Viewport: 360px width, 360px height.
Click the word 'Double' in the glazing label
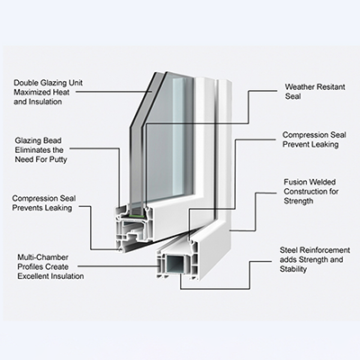(25, 83)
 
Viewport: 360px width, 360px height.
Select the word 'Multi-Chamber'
(43, 257)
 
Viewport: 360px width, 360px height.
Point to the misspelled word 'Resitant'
(329, 87)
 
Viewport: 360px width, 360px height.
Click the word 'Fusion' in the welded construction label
(296, 182)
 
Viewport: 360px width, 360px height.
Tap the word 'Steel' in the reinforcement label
(289, 250)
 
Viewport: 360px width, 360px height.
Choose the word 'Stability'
(293, 269)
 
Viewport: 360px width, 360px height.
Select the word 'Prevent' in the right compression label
(295, 145)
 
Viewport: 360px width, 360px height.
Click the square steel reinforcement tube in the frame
(175, 265)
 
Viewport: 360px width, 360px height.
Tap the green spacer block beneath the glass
(139, 215)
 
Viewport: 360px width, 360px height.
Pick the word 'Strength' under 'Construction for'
(299, 202)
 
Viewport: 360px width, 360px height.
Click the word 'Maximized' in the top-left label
(32, 92)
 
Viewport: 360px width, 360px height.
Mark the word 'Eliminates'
(32, 150)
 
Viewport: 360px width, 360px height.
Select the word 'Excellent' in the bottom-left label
(31, 276)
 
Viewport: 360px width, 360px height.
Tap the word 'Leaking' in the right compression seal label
(325, 145)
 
